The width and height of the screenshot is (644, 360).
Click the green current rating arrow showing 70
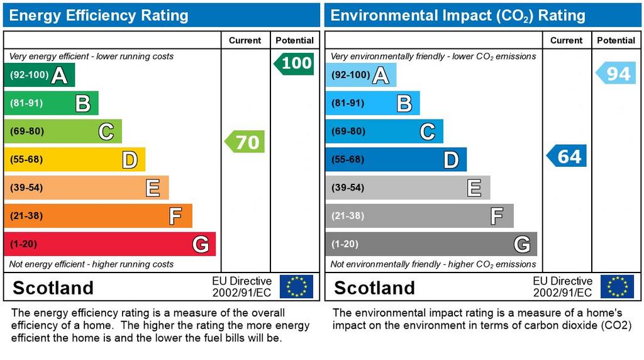(245, 142)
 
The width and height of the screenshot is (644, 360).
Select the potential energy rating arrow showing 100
(294, 63)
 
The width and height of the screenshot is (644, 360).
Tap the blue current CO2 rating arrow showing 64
(567, 155)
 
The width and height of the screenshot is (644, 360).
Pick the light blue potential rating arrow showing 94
(616, 74)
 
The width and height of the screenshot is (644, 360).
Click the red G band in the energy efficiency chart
(109, 244)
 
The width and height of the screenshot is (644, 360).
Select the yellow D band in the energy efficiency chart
(74, 159)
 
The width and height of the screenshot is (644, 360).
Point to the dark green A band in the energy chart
(39, 75)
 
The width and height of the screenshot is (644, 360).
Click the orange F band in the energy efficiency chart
(97, 216)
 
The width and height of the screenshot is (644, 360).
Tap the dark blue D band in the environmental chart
(396, 159)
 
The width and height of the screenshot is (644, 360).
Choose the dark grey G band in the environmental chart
(431, 244)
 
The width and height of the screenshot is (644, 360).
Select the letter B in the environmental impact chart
(404, 103)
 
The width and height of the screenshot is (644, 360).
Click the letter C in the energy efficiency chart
(106, 132)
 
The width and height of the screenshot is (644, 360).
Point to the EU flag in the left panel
(296, 286)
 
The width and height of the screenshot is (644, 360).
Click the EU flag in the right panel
(617, 286)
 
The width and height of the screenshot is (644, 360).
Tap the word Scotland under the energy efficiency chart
(53, 288)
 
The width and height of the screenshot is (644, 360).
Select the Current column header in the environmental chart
(566, 40)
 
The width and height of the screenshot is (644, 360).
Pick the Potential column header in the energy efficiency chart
(294, 40)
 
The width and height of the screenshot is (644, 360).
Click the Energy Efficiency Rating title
(99, 15)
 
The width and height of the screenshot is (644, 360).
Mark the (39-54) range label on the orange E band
(26, 188)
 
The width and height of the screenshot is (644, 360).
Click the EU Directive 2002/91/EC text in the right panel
(562, 287)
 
